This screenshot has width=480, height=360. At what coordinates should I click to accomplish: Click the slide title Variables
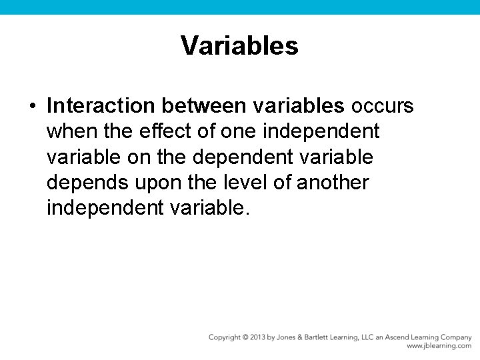point(239,46)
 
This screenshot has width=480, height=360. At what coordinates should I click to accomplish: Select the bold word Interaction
point(102,106)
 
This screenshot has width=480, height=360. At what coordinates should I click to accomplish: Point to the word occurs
point(383,106)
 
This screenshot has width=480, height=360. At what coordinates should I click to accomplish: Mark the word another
point(333,183)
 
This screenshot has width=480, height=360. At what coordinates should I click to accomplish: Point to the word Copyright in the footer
point(225,337)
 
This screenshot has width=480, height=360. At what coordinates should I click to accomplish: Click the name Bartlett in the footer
point(324,337)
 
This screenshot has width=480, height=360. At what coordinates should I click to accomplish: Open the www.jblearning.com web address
point(439,346)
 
